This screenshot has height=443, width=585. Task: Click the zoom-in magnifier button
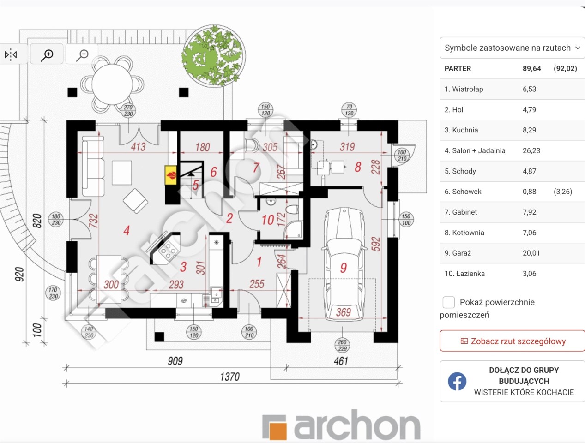47,54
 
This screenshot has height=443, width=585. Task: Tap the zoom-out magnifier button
82,54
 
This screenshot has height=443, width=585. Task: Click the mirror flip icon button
11,54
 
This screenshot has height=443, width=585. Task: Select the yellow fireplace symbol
170,175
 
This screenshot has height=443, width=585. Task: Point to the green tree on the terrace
214,55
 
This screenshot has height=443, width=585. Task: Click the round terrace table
112,84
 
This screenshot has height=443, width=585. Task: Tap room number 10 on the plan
268,220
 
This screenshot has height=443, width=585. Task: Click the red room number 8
358,167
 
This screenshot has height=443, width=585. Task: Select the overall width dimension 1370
230,377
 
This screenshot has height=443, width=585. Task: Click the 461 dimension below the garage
341,361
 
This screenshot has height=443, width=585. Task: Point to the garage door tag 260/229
342,345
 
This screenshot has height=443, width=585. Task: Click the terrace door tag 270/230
128,111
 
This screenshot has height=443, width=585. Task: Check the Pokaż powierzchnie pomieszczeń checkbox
448,302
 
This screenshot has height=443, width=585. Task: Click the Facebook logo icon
457,381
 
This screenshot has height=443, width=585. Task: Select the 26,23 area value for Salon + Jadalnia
531,150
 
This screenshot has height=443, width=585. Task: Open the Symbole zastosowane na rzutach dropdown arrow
578,48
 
